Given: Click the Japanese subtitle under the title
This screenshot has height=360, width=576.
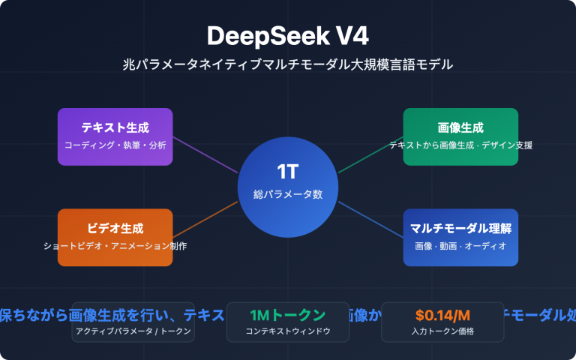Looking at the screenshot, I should point(288,64).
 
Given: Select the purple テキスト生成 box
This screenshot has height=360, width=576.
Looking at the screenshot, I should point(115,136).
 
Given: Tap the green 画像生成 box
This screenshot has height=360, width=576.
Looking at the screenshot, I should point(460,136).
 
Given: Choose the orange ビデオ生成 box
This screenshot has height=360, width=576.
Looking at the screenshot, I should point(115,237).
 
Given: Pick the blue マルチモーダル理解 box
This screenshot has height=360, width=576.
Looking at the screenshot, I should point(460,237).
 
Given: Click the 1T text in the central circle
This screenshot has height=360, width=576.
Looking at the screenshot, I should point(288,172).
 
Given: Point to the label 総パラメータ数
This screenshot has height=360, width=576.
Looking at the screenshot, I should point(288,194).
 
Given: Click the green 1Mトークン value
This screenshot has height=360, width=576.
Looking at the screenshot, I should point(288,314).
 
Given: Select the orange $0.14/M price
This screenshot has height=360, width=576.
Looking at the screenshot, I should point(442,314).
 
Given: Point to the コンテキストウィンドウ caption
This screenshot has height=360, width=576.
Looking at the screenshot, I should point(288,331).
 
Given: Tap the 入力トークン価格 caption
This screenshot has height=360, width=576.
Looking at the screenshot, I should point(442,331).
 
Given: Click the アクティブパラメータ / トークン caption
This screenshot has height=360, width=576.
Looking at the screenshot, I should point(133,331).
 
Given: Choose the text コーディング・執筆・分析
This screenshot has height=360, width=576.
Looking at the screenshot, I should point(115,144).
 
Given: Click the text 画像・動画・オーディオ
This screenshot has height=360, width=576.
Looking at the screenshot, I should point(460,246).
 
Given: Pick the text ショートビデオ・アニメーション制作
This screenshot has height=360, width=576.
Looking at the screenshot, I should point(115,246).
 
